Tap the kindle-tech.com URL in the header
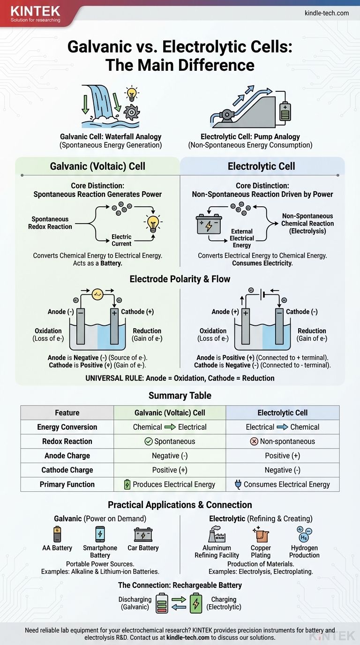coord(327,13)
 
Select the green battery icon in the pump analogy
coord(285,112)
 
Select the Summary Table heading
coord(180,396)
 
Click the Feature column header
coord(67,412)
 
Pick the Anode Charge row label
coord(67,456)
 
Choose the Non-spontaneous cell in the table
coord(283,442)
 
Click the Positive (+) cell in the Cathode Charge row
coord(170,470)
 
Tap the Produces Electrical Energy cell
coord(170,485)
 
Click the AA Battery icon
coord(57,534)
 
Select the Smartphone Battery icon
coord(100,534)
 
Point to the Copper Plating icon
coord(260,534)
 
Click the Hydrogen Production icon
coord(304,534)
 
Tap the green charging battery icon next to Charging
coord(196,603)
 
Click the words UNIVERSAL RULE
coord(108,378)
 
